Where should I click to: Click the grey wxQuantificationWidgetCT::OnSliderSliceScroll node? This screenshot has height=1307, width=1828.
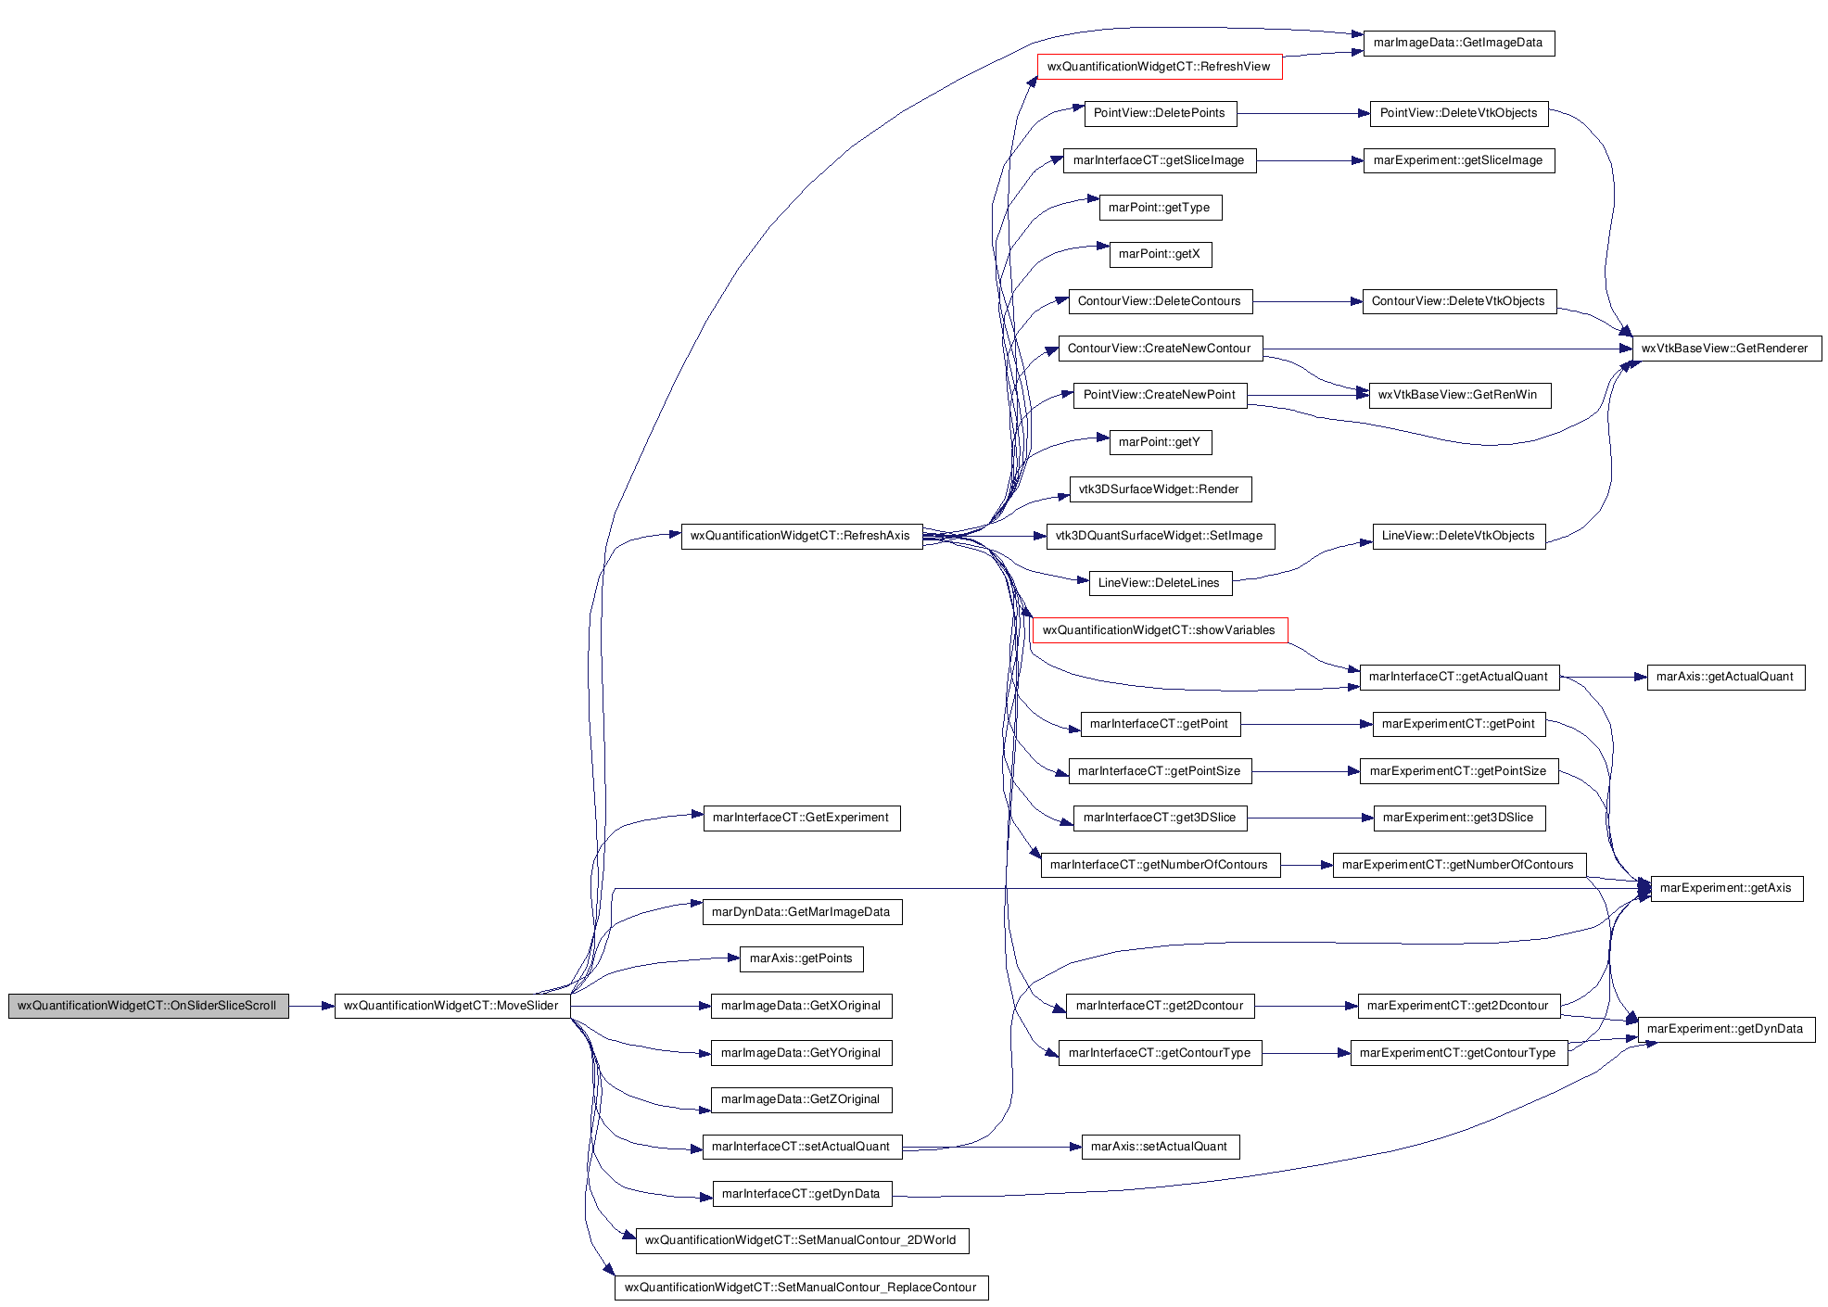(148, 1006)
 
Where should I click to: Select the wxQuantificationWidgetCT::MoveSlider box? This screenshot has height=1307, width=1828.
(451, 1006)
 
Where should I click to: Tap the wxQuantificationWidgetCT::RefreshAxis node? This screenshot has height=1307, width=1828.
(801, 536)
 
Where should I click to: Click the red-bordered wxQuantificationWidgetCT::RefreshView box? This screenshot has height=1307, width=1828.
(1159, 67)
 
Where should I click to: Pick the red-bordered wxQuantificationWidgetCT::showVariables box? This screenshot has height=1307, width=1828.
(1159, 630)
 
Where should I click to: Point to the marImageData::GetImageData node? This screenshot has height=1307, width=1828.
(1458, 43)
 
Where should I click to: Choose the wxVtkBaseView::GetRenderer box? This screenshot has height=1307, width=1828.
(1725, 349)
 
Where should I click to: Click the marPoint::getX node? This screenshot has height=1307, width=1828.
(1160, 254)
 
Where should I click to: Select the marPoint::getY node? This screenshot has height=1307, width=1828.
(1160, 442)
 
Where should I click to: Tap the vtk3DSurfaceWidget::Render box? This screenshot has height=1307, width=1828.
(1159, 489)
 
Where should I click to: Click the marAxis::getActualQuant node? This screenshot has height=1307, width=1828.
(1725, 677)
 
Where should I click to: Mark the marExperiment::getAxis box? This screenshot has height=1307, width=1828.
(1726, 888)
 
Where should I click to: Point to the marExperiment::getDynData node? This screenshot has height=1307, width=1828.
(1725, 1029)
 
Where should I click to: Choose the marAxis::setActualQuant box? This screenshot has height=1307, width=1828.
(1160, 1147)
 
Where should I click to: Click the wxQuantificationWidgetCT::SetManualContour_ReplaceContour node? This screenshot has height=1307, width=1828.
(801, 1288)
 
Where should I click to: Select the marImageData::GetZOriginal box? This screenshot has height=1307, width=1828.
(801, 1099)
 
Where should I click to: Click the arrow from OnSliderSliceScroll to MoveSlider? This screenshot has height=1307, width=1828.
(311, 1006)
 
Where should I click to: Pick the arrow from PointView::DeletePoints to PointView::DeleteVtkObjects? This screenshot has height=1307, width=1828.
(1303, 113)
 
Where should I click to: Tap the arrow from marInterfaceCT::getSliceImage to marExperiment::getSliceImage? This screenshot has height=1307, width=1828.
(1310, 160)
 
